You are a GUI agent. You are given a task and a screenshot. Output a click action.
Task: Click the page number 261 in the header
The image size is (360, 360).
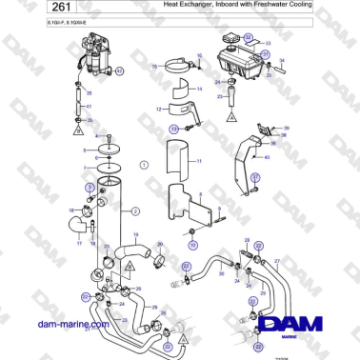click(x=29, y=8)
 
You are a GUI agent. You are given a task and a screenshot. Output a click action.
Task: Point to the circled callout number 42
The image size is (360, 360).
click(x=118, y=84)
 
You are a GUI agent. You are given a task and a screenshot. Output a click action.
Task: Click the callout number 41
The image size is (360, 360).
click(x=90, y=108)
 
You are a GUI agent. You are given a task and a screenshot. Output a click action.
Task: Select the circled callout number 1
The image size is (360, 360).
click(x=144, y=165)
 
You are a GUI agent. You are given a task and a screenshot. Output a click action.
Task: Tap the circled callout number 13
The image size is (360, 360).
click(x=174, y=127)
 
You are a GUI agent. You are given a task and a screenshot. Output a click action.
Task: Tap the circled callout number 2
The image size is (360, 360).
click(x=134, y=210)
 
